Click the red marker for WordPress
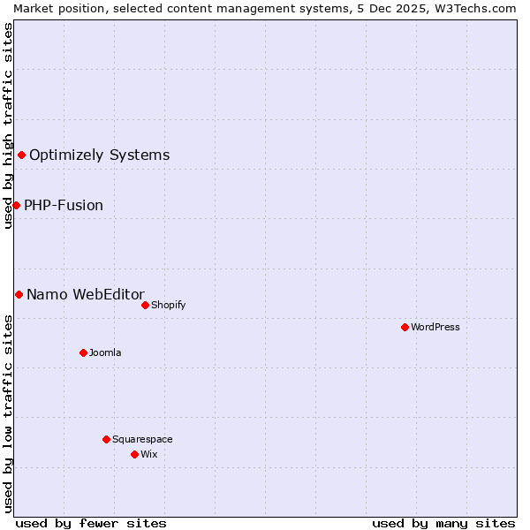[405, 327]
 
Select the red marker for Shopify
[145, 305]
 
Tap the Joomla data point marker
[83, 352]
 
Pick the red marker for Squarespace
[106, 439]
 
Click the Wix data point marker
[134, 454]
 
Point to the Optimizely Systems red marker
[21, 155]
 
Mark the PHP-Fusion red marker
[16, 205]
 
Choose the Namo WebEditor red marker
[19, 294]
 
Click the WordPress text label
[435, 327]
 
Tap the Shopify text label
[168, 305]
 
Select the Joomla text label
[105, 352]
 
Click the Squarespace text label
[142, 439]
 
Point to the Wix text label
[149, 454]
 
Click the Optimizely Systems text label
[99, 155]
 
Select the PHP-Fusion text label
[64, 206]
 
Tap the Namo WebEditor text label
[86, 295]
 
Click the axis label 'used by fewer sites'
[91, 523]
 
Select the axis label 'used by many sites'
[443, 523]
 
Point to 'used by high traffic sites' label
[8, 125]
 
